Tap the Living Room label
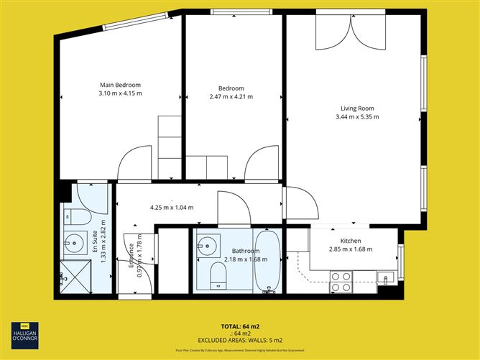(x=359, y=109)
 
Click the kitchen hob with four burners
(x=340, y=281)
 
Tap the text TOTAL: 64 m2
(x=239, y=326)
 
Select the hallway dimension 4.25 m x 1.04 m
(x=172, y=208)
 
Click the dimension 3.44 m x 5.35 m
(x=359, y=116)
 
